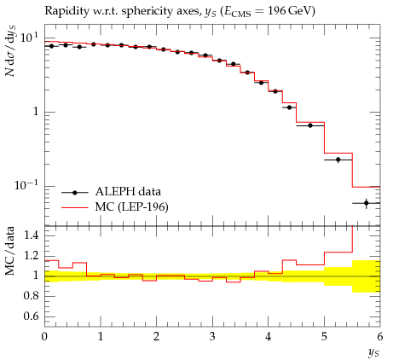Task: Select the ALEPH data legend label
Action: tap(128, 191)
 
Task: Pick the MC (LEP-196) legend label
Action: tap(131, 206)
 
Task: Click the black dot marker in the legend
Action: tap(75, 193)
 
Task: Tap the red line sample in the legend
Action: tap(75, 208)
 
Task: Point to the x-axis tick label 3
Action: tap(212, 337)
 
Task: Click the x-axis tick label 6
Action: tap(380, 337)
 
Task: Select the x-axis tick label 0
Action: tap(44, 337)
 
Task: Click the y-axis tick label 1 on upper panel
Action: tap(36, 111)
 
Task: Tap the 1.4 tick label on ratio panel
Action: tap(31, 235)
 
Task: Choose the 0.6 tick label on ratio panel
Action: tap(31, 316)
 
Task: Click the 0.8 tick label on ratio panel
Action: tap(31, 296)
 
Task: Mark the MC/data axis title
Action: tap(9, 251)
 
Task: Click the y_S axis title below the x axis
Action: tap(373, 352)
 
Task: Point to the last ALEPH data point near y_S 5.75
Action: tap(366, 203)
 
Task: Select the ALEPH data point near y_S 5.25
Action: tap(338, 160)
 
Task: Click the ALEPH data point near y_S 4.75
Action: tap(310, 125)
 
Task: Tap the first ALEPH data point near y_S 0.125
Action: tap(51, 46)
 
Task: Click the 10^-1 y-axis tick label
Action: tap(26, 185)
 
